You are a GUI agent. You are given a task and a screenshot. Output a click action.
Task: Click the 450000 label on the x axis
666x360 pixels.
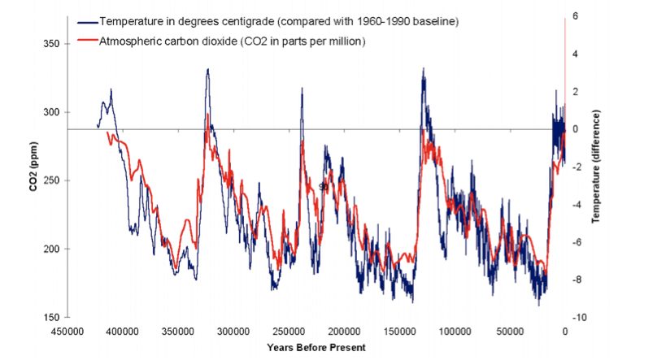click(x=67, y=332)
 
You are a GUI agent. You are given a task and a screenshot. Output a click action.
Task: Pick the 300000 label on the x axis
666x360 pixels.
click(x=233, y=332)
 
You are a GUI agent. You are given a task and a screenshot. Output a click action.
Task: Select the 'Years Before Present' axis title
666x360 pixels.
click(x=316, y=347)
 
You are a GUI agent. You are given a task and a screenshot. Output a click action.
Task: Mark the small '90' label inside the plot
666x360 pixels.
click(x=323, y=186)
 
